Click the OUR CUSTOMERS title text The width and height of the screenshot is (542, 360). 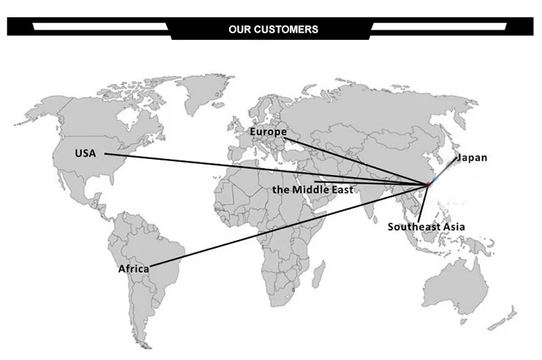pyautogui.click(x=273, y=30)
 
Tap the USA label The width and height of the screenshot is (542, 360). pyautogui.click(x=85, y=153)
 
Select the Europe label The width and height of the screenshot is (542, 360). pyautogui.click(x=268, y=132)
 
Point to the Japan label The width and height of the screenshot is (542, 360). pyautogui.click(x=473, y=158)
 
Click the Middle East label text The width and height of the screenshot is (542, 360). pyautogui.click(x=313, y=189)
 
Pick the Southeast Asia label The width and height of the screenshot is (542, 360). pyautogui.click(x=426, y=226)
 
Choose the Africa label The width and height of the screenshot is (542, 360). pyautogui.click(x=134, y=269)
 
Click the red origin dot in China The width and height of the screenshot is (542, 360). pyautogui.click(x=428, y=184)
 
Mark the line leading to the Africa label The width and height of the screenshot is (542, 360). pyautogui.click(x=289, y=226)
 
